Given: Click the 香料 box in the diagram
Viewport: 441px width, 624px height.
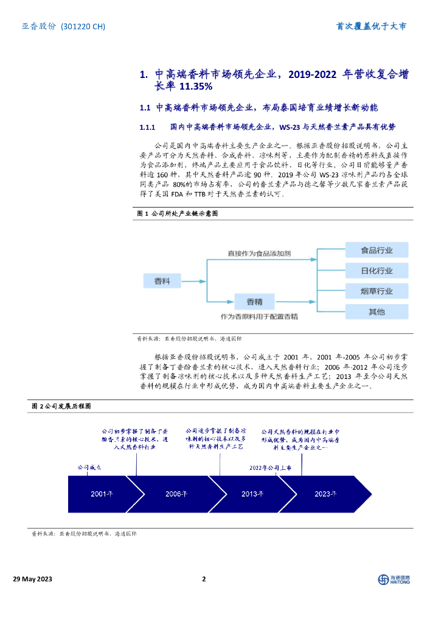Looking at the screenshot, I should pyautogui.click(x=162, y=280).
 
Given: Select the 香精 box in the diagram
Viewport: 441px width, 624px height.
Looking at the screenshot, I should pyautogui.click(x=254, y=301).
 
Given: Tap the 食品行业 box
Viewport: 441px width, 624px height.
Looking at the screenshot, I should pyautogui.click(x=377, y=250).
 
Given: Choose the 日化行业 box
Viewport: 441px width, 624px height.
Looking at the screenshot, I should pyautogui.click(x=377, y=271).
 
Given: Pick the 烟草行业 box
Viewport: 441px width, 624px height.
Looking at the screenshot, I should pyautogui.click(x=377, y=291).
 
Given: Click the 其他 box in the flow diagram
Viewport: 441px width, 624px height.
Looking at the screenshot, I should pyautogui.click(x=377, y=312).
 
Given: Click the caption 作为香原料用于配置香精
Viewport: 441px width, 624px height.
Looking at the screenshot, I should pyautogui.click(x=259, y=317).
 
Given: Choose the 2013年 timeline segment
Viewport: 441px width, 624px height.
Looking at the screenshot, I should pyautogui.click(x=251, y=494).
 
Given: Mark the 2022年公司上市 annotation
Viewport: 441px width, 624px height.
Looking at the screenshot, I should pyautogui.click(x=270, y=467).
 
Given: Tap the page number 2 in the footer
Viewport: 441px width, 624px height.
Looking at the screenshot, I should pyautogui.click(x=204, y=579).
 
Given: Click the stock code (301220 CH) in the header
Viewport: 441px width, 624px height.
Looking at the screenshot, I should pyautogui.click(x=84, y=26).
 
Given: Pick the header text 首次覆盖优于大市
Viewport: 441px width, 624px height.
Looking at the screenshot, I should pyautogui.click(x=372, y=26).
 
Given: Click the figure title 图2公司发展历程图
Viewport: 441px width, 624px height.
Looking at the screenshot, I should pyautogui.click(x=61, y=406).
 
